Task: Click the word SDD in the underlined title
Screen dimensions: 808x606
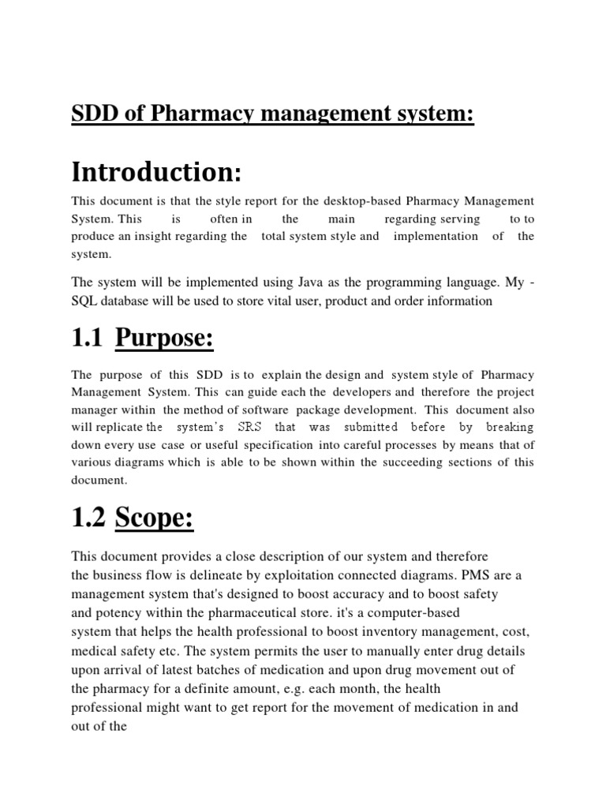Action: (x=92, y=115)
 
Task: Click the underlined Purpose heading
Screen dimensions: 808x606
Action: (x=165, y=341)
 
